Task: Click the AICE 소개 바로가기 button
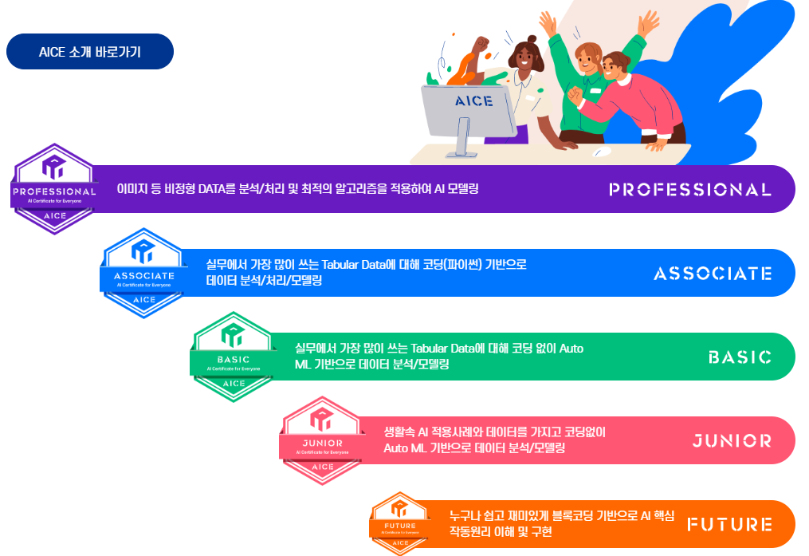coord(89,52)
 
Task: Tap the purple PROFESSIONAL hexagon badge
coord(54,189)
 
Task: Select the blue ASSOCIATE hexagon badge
coord(143,274)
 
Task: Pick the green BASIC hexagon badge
coord(233,357)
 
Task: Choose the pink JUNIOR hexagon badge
coord(322,440)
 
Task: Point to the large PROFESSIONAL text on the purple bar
coord(689,190)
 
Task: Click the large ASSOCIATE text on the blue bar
coord(712,274)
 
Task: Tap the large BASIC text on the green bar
coord(739,357)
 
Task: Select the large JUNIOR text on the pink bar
coord(731,440)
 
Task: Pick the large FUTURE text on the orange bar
coord(729,524)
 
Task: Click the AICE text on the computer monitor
coord(473,101)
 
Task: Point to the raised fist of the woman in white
coord(481,45)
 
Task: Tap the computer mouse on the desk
coord(603,150)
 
